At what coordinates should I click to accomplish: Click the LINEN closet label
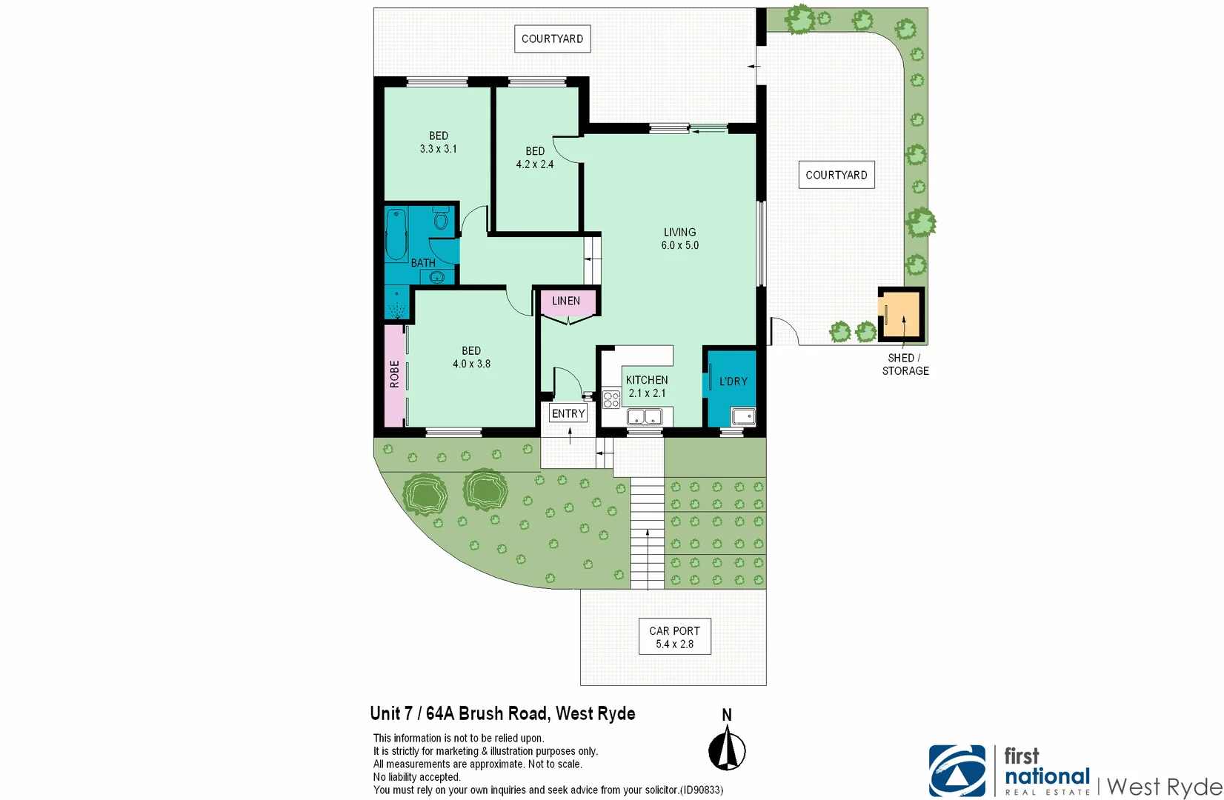point(566,301)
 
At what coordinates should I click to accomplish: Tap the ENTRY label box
point(568,413)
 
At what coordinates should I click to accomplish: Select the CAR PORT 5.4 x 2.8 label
point(674,637)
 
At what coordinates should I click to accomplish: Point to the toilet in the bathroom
point(441,220)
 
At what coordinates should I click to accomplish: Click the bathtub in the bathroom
point(396,235)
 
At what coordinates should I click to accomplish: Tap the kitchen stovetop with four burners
point(611,400)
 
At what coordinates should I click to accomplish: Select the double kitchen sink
point(645,418)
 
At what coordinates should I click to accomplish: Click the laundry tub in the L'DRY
point(742,416)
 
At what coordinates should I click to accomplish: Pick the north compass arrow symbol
point(727,749)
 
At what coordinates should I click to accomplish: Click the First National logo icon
point(957,771)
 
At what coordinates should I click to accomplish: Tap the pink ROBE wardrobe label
point(395,374)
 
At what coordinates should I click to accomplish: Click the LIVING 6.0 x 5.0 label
point(680,239)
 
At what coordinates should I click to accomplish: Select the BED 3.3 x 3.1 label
point(439,142)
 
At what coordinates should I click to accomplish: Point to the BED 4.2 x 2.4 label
point(535,158)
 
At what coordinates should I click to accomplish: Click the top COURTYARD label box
point(552,39)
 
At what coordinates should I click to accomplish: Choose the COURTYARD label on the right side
point(836,175)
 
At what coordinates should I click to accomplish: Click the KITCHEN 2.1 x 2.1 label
point(647,387)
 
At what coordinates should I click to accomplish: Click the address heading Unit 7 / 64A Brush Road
point(502,713)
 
